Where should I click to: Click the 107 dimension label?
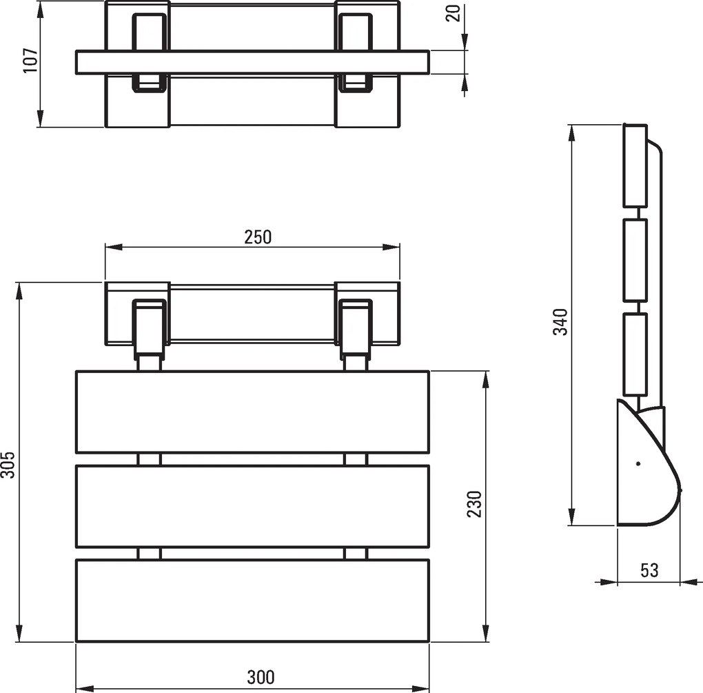(31, 60)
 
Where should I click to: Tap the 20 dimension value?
(454, 13)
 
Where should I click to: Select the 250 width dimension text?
(258, 237)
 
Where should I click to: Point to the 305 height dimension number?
(8, 465)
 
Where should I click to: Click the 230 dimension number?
(474, 504)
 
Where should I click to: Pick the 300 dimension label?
(261, 677)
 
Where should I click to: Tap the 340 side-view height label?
(560, 321)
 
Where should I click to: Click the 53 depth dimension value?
(649, 570)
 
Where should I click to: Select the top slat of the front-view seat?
(252, 412)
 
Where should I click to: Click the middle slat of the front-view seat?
(252, 506)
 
